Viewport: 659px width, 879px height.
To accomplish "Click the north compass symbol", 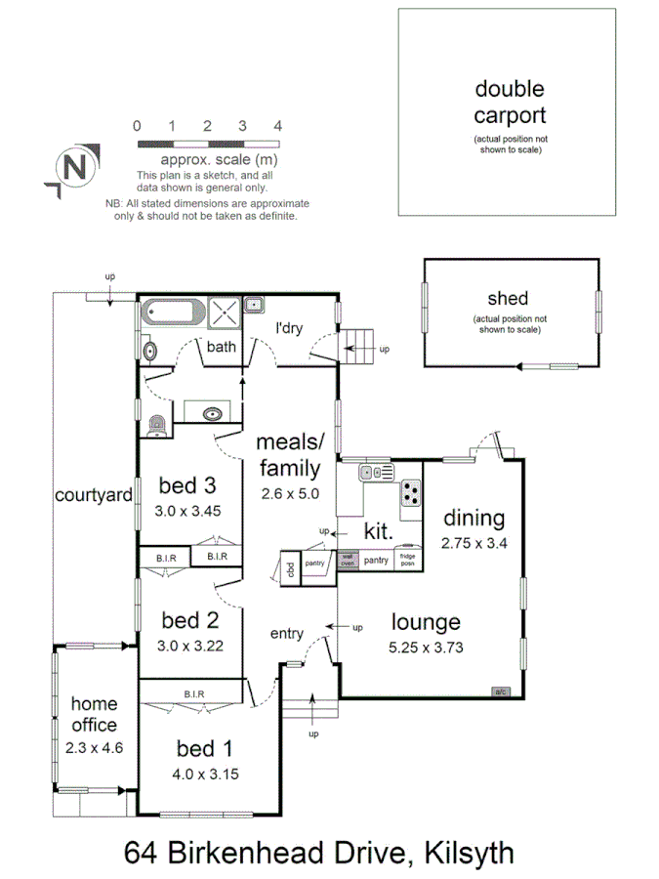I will click(74, 166).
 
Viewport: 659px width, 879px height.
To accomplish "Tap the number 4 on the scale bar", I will click(278, 126).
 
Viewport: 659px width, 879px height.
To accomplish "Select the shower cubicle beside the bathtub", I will click(224, 314).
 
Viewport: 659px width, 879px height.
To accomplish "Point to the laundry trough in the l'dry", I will click(254, 305).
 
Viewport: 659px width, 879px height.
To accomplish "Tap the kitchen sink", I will click(375, 473).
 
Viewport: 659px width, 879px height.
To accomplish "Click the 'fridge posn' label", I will click(408, 560).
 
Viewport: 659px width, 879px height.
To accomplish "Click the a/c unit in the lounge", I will click(500, 691).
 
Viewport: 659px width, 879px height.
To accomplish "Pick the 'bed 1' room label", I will click(204, 749).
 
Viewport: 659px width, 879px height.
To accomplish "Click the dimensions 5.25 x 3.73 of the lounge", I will click(426, 646).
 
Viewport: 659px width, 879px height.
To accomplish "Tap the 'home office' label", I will click(95, 714).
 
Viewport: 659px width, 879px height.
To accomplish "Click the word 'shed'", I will click(508, 299).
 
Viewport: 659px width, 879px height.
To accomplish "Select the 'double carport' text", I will click(509, 102).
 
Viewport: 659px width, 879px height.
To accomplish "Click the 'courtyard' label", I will click(94, 495).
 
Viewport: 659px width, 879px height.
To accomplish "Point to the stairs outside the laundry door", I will click(359, 345).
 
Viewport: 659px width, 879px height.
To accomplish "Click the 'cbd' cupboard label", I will click(290, 567).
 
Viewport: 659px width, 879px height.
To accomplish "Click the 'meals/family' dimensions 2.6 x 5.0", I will click(290, 494).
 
